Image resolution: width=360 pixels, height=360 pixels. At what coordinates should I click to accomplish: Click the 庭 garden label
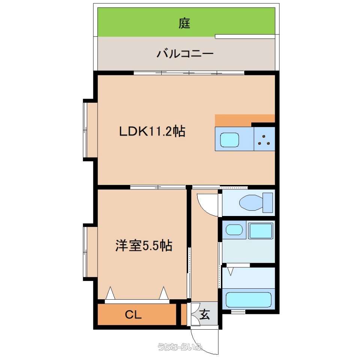(184, 23)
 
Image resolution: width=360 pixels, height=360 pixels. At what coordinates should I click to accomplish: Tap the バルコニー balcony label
(185, 54)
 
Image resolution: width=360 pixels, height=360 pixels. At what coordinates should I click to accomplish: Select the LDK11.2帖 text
(152, 131)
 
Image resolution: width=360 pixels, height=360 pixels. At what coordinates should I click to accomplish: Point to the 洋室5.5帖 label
(144, 245)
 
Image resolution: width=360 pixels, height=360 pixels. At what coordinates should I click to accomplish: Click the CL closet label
(133, 315)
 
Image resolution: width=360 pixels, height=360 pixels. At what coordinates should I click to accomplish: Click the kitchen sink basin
(229, 139)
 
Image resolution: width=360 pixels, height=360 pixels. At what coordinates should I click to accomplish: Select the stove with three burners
(264, 139)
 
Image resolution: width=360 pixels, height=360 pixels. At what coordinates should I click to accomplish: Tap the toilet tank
(268, 203)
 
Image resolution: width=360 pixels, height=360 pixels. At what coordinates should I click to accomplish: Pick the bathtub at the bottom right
(248, 300)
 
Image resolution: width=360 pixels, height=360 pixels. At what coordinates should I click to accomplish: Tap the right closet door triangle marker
(164, 293)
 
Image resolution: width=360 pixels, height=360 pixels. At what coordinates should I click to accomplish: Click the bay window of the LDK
(90, 130)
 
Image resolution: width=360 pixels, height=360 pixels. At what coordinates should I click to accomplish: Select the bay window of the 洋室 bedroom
(90, 252)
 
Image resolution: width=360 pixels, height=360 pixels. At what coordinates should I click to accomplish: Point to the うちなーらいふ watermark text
(180, 346)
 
